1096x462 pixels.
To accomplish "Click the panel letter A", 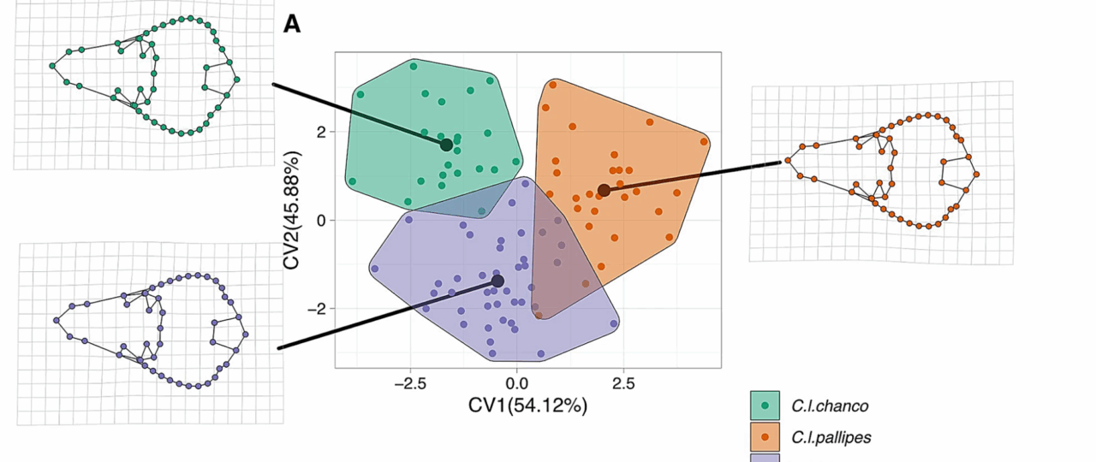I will pyautogui.click(x=292, y=25).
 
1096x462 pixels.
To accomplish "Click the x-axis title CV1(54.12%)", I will pyautogui.click(x=527, y=406).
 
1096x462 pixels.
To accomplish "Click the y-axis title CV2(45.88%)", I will pyautogui.click(x=294, y=210).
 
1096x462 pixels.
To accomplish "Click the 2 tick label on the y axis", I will pyautogui.click(x=319, y=132).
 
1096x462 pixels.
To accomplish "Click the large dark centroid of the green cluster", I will pyautogui.click(x=446, y=145).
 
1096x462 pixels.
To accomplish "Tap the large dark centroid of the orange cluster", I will pyautogui.click(x=604, y=190).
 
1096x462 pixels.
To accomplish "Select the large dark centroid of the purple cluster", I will pyautogui.click(x=497, y=281).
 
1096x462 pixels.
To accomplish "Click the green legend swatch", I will pyautogui.click(x=765, y=406).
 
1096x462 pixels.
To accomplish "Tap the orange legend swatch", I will pyautogui.click(x=765, y=436).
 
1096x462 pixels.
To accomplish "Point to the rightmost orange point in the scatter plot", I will pyautogui.click(x=704, y=142).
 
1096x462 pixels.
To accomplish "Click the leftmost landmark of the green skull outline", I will pyautogui.click(x=52, y=65).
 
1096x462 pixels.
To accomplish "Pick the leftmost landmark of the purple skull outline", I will pyautogui.click(x=57, y=320).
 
